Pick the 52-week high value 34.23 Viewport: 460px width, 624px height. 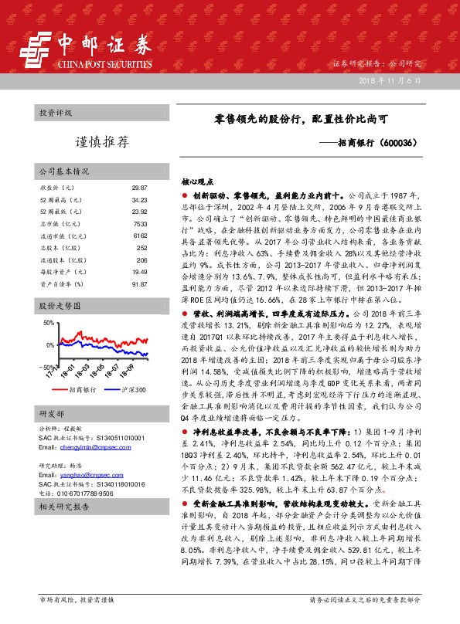(x=139, y=200)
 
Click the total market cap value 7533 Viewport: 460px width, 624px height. (x=140, y=224)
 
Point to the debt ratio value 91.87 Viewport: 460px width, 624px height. (x=139, y=284)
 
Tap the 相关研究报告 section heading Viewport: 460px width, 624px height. (x=64, y=507)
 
